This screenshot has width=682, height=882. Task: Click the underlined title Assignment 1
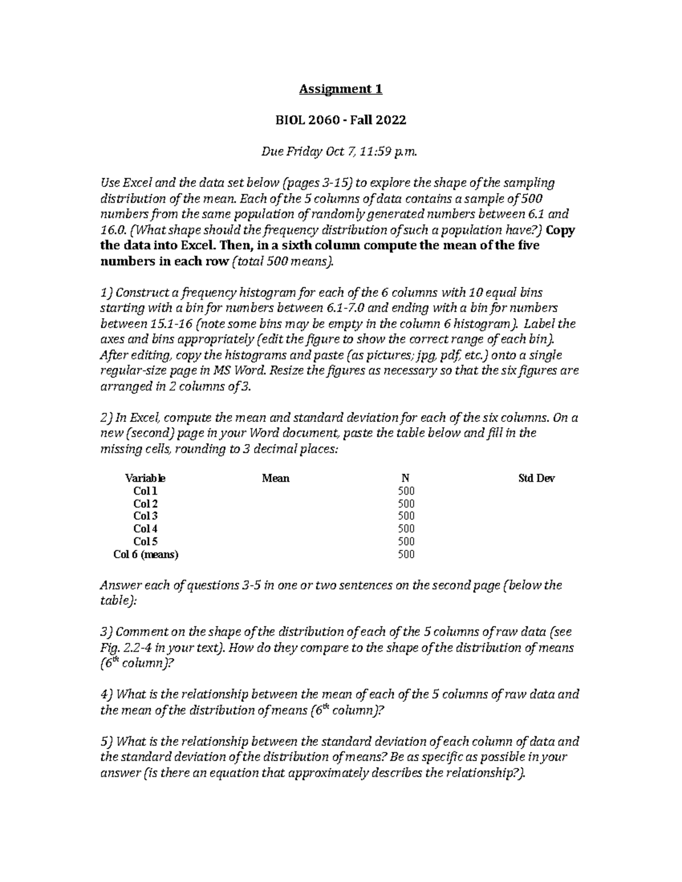coord(341,89)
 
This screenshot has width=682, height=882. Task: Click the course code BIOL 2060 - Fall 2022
coord(341,120)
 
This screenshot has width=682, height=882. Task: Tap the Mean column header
coord(276,478)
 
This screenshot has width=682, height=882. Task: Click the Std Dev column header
coord(537,478)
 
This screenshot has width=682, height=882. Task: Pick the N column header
coord(405,478)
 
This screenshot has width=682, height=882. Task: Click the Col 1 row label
coord(145,491)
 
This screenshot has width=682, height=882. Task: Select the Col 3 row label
coord(145,516)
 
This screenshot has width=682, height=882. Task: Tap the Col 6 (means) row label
coord(146,555)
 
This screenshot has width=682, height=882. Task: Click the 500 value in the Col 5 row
coord(406,541)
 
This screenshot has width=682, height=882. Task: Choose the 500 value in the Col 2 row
coord(406,504)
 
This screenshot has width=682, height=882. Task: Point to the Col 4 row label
coord(145,529)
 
